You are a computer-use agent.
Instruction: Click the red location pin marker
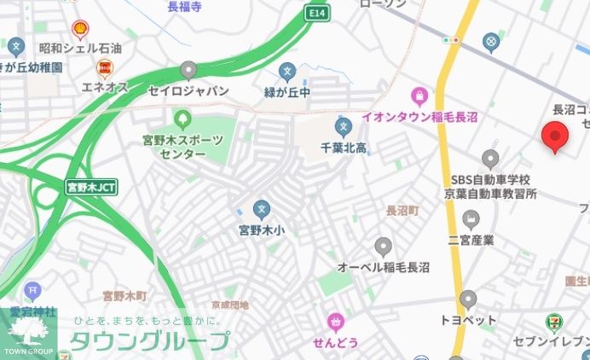tap(555, 136)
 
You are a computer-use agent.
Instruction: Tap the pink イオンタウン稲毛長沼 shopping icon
tap(419, 96)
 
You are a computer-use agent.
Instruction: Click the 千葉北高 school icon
tap(344, 128)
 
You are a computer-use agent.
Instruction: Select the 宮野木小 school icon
tap(261, 208)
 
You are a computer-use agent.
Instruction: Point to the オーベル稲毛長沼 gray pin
tap(383, 247)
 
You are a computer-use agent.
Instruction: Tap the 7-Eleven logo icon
tap(554, 322)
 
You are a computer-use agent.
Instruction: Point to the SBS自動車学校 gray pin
tap(490, 159)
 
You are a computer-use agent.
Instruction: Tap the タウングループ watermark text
tap(150, 341)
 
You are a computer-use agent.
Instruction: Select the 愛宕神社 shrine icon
tap(32, 291)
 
